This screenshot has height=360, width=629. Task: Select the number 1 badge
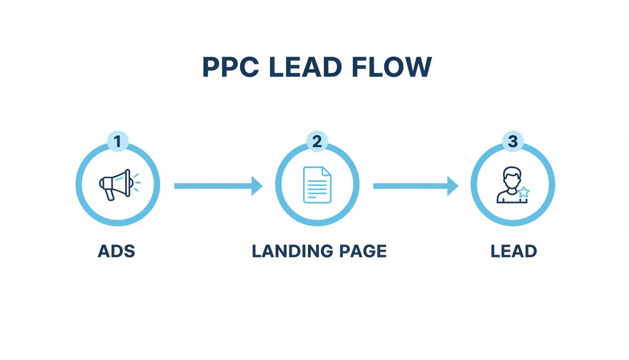pos(117,142)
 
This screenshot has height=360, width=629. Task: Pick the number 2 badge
pos(317,142)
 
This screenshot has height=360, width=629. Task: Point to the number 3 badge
pos(512,142)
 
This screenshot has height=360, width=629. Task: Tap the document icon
pos(317,185)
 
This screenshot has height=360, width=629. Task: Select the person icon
pos(510,185)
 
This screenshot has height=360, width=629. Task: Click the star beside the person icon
pos(524,192)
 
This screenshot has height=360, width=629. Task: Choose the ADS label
pos(117,252)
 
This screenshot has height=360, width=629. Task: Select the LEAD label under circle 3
pos(513,252)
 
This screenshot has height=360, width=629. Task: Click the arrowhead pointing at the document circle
pos(257,186)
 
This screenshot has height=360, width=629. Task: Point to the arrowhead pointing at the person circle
pos(453,186)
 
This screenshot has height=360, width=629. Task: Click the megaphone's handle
pos(110,194)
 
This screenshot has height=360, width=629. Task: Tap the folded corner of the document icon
pos(326,172)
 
